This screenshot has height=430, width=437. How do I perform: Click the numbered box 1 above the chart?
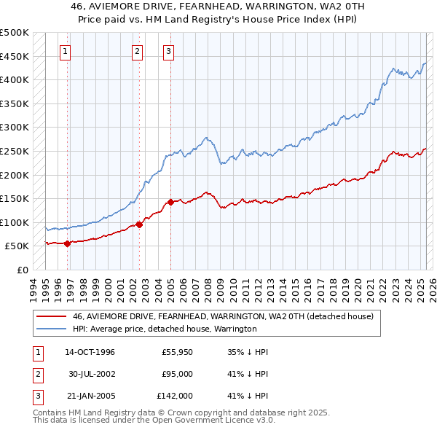click(x=66, y=51)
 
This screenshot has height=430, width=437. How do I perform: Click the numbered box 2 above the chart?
click(x=138, y=51)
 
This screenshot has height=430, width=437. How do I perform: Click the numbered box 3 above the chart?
click(x=168, y=51)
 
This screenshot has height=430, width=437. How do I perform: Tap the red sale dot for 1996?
click(x=67, y=243)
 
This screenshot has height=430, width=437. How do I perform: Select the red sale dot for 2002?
click(x=139, y=224)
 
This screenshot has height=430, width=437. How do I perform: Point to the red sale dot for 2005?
click(x=170, y=202)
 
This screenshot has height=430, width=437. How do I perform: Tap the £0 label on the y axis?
click(x=23, y=270)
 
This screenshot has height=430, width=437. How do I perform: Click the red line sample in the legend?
click(x=52, y=316)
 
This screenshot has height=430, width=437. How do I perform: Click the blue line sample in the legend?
click(x=52, y=329)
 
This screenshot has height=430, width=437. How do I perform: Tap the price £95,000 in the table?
click(x=177, y=375)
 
